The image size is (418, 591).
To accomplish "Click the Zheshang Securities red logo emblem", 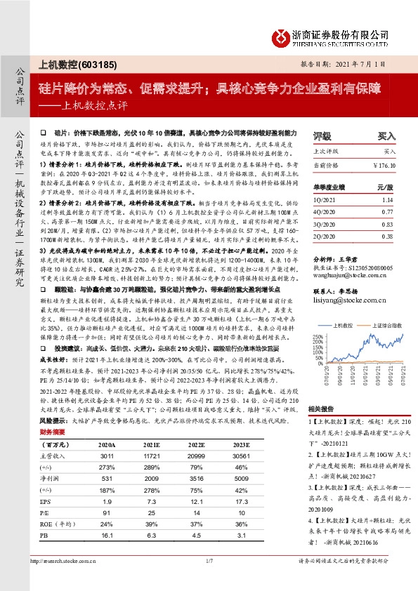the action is pos(280,36).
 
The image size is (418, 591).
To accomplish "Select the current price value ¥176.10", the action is pos(386,164).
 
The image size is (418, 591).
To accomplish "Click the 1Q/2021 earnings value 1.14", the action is pos(389,200).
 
